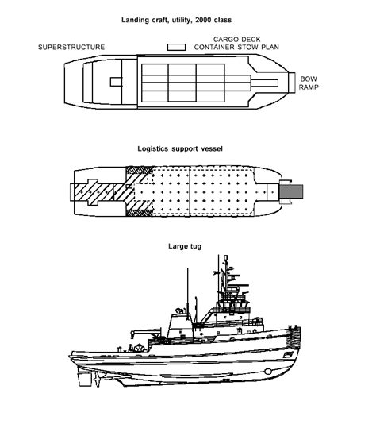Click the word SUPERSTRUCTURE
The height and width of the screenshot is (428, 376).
71,47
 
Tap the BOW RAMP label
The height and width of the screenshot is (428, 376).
309,83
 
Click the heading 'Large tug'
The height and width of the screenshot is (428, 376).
185,246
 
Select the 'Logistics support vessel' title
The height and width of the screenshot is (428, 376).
180,148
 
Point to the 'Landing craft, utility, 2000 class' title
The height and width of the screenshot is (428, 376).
176,20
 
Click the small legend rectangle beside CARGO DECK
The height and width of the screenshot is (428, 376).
176,47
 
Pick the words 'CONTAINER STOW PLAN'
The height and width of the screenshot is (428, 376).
236,47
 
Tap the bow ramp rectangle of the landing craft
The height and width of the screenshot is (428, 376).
292,83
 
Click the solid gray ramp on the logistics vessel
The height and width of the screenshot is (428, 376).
292,191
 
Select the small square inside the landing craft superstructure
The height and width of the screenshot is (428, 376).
116,82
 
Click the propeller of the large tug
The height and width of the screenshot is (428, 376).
97,379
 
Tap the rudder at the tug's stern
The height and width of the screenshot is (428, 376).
84,379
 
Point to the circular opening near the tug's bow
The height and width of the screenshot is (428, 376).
268,372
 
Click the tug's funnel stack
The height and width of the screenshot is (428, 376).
180,326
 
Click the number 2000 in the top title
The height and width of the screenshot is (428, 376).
203,20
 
